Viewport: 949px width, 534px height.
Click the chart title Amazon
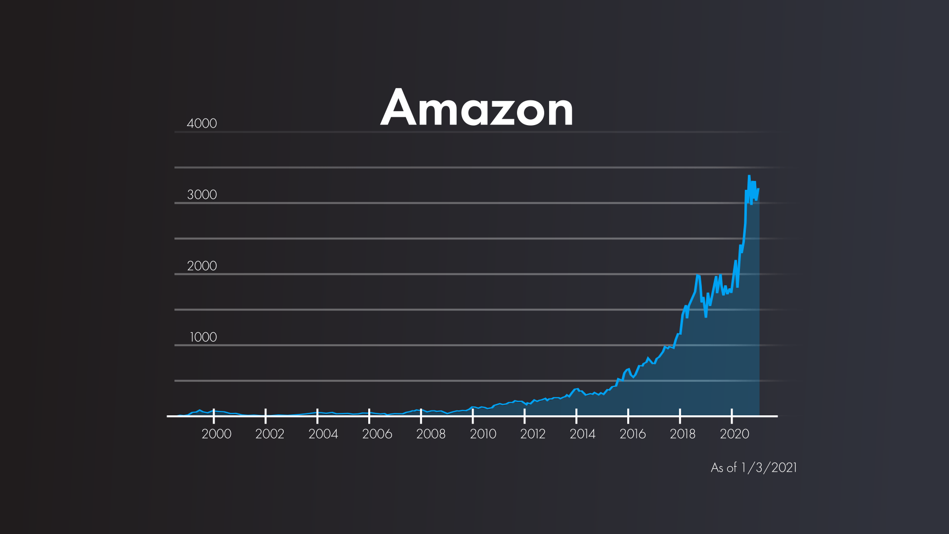(x=476, y=108)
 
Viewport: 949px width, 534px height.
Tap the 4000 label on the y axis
(x=202, y=124)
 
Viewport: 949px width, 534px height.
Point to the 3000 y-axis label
(x=202, y=195)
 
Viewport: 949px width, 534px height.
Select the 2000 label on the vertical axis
(x=202, y=266)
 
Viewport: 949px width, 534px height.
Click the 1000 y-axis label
(x=203, y=337)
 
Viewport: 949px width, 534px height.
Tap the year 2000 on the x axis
(x=216, y=434)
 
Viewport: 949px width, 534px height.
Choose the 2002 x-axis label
(x=270, y=434)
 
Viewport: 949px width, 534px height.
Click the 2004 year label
(x=323, y=434)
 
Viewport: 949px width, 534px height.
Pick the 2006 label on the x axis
(x=377, y=434)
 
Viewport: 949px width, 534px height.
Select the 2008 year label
(x=431, y=434)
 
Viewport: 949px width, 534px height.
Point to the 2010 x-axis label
(x=483, y=434)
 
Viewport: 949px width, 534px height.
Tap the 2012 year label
(x=533, y=434)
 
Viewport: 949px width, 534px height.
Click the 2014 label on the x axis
(x=583, y=434)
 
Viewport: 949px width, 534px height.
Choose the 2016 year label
(x=633, y=434)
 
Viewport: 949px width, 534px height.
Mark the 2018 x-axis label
(x=683, y=434)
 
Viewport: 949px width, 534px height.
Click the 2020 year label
(x=734, y=434)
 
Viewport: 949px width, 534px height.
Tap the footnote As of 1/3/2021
(x=754, y=468)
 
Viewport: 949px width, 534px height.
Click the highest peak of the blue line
(x=749, y=176)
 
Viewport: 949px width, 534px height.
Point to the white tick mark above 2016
(x=628, y=416)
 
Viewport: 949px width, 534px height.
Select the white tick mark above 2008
(x=421, y=416)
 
